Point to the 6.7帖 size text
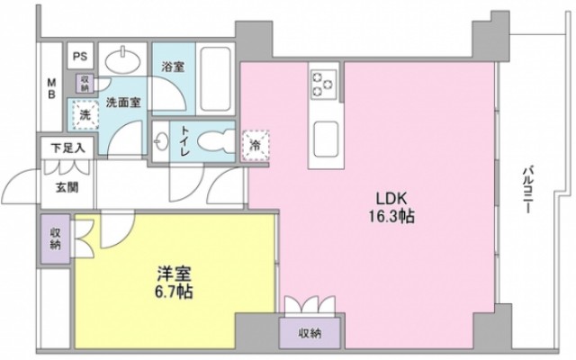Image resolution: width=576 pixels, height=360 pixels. click(171, 292)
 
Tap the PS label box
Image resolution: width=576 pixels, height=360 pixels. click(81, 55)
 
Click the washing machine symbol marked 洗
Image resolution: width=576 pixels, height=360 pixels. click(83, 115)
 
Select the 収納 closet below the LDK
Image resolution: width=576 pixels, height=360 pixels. click(313, 332)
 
